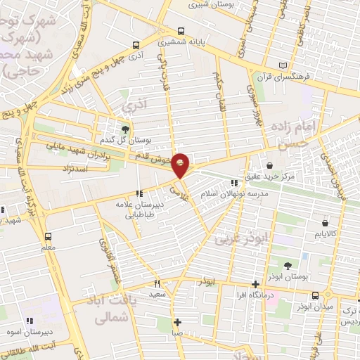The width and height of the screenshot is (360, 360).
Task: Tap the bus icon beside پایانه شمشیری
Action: [181, 32]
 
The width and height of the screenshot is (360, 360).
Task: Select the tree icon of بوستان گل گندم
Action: [126, 129]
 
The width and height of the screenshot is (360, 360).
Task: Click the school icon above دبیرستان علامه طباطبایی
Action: [140, 193]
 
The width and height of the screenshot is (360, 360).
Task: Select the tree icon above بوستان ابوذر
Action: [288, 265]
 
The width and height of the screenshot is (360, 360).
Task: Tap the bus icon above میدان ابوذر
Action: [315, 295]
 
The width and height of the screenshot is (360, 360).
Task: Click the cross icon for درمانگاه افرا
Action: [255, 285]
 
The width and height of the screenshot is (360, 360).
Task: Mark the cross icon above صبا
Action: [178, 322]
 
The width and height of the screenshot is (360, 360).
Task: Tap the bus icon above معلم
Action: [48, 236]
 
